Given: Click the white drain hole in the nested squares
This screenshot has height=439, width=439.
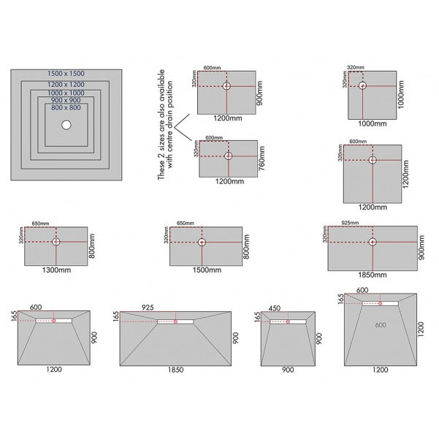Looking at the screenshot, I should coord(67,125).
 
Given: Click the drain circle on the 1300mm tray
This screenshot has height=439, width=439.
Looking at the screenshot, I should coord(58,241).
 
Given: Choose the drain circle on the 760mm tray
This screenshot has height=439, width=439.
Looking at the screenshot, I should coord(229,156).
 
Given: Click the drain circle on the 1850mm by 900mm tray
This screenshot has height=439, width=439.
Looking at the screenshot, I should coord(373,242).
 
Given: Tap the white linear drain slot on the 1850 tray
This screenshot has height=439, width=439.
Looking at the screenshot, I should coord(182,320).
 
